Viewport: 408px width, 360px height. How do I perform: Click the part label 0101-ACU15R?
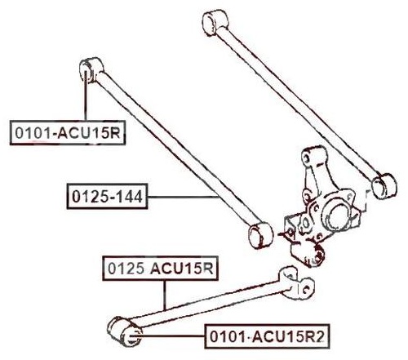(x=68, y=132)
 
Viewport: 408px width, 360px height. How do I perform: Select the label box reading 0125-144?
(x=107, y=196)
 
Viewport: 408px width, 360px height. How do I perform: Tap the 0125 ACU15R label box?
(x=160, y=269)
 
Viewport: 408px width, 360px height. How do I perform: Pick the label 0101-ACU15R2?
(x=267, y=336)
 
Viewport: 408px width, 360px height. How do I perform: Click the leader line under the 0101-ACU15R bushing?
(x=86, y=96)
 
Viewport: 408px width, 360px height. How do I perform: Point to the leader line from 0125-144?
(x=183, y=197)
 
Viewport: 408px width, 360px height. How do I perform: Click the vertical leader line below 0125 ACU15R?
(x=164, y=295)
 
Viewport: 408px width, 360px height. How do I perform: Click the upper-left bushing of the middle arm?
(x=91, y=69)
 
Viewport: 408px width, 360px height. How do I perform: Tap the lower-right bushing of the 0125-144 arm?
(x=261, y=235)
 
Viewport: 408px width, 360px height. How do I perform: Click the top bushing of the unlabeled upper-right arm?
(x=216, y=23)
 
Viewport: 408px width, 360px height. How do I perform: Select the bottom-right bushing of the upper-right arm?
(x=384, y=186)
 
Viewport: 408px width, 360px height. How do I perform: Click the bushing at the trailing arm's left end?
(x=124, y=331)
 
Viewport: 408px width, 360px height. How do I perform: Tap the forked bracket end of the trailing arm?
(x=296, y=284)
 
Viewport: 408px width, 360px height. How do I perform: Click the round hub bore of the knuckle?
(x=337, y=214)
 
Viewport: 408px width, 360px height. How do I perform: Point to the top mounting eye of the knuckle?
(x=313, y=157)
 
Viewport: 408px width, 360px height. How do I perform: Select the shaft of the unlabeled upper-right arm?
(x=299, y=101)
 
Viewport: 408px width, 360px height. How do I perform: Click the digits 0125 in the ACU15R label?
(x=126, y=269)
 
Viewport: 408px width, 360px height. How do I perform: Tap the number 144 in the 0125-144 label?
(x=131, y=197)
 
